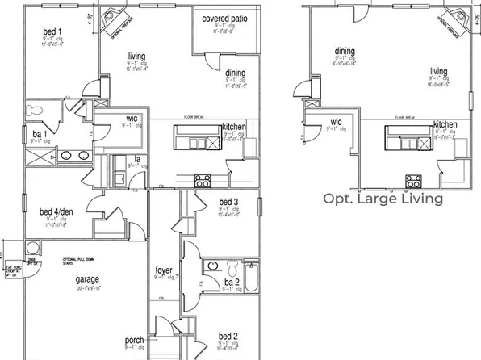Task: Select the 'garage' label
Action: [x=88, y=279]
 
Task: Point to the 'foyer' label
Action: [x=165, y=270]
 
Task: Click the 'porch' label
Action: [x=134, y=341]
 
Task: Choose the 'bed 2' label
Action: [x=228, y=337]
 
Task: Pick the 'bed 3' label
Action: [x=228, y=202]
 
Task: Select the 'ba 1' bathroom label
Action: [x=39, y=132]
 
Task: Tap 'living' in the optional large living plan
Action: [x=438, y=71]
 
